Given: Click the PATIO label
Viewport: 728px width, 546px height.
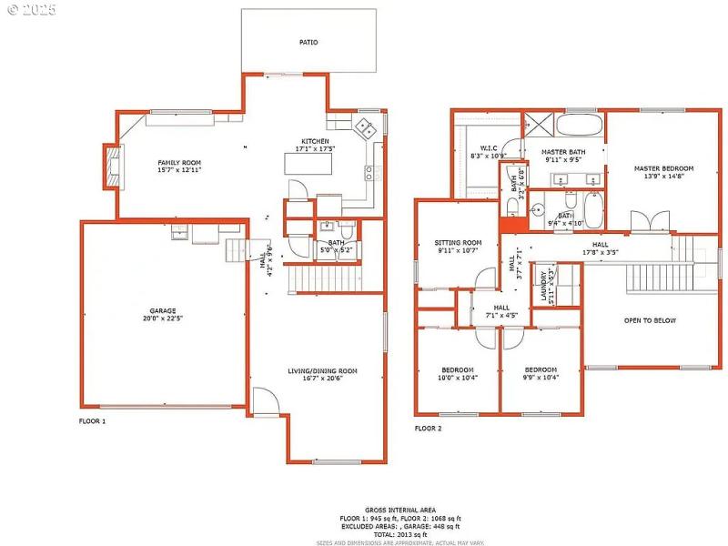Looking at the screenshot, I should pyautogui.click(x=309, y=42).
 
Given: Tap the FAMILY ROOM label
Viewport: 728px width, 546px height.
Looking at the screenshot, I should pyautogui.click(x=179, y=163).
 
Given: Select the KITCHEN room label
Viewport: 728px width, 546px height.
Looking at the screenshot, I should pyautogui.click(x=316, y=141).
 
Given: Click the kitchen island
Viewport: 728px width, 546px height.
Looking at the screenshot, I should pyautogui.click(x=308, y=164).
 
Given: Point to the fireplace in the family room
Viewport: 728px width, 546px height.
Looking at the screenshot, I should pyautogui.click(x=112, y=167).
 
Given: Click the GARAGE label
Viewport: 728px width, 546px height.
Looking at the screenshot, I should pyautogui.click(x=164, y=310).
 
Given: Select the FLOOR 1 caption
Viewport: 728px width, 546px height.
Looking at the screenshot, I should pyautogui.click(x=92, y=422).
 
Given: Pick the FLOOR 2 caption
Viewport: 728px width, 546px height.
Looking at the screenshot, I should pyautogui.click(x=428, y=428).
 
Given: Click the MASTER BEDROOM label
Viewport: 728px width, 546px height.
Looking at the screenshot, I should pyautogui.click(x=664, y=168).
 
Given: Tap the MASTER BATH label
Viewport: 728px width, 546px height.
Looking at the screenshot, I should pyautogui.click(x=563, y=152).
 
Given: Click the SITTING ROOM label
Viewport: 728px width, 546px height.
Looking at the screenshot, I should pyautogui.click(x=457, y=243).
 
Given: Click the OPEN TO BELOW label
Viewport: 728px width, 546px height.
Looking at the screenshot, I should pyautogui.click(x=650, y=320).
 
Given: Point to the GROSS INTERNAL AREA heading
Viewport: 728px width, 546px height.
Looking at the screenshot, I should pyautogui.click(x=400, y=510).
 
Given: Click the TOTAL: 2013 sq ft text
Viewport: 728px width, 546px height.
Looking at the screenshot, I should pyautogui.click(x=400, y=533).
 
